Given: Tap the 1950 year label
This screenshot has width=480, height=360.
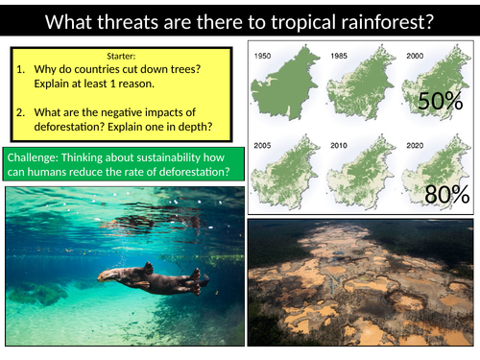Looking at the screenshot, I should (265, 57).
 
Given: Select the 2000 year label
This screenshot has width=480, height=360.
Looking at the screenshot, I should (414, 57).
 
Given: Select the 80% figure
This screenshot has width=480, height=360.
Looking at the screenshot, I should (446, 196).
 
